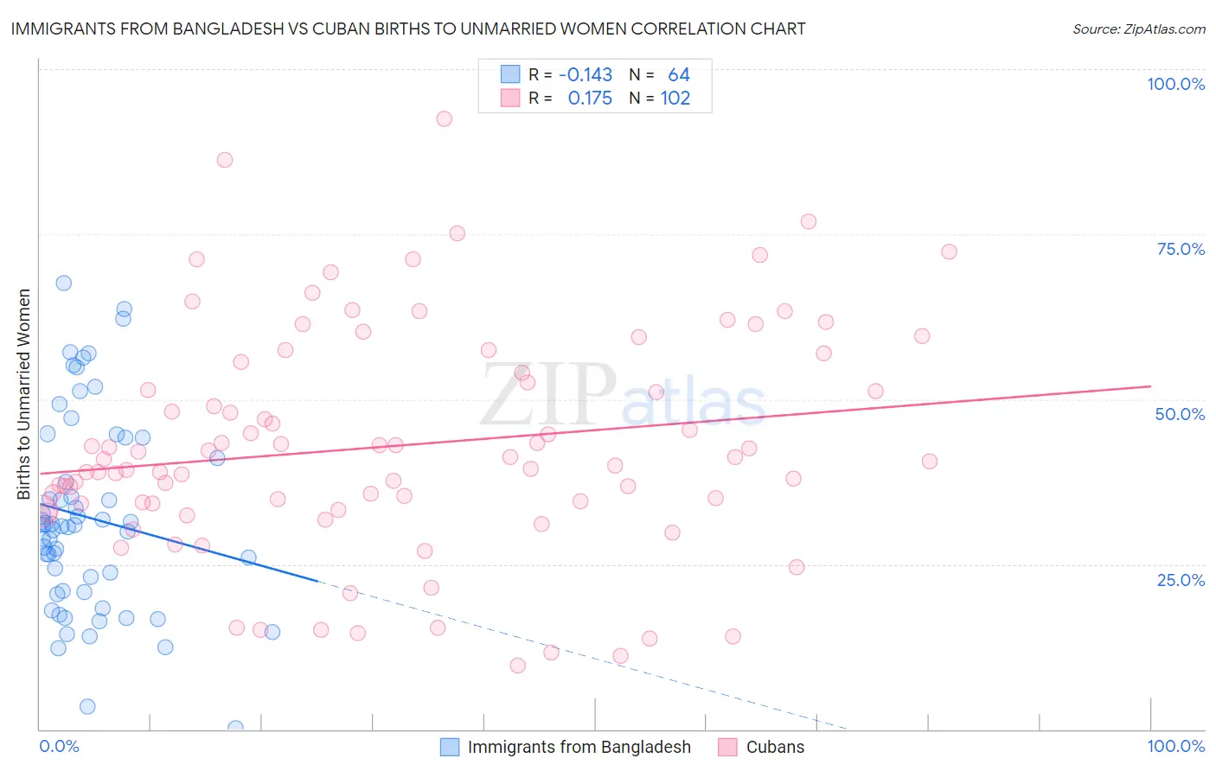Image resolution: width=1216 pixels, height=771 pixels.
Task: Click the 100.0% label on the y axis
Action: coord(1175,84)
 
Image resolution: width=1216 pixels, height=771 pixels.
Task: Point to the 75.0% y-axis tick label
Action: coord(1181,249)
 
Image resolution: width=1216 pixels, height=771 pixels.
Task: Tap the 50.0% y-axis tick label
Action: coord(1180,414)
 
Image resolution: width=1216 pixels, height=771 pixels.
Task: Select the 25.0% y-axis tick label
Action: coord(1181,579)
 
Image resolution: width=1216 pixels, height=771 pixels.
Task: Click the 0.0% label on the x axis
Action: coord(59,746)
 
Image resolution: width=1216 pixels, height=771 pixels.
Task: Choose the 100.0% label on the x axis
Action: coord(1175,746)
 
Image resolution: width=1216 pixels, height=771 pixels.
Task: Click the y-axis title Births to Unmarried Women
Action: coord(24,394)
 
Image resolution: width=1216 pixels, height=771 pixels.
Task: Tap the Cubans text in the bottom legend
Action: coord(775,747)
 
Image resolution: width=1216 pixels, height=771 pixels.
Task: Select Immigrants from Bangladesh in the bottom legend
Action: coord(579,747)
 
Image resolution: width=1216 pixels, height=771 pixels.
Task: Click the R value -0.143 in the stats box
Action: coord(586,75)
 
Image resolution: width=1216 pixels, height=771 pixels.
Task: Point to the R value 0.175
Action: coord(590,99)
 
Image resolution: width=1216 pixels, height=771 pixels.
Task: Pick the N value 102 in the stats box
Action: coord(675,99)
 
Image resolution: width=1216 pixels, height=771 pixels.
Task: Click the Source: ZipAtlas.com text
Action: coord(1138,29)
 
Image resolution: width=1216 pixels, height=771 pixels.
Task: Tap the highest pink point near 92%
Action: coord(444,118)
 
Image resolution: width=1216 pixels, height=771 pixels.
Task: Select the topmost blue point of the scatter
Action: coord(63,283)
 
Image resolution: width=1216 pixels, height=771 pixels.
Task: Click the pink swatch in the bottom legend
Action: coord(727,747)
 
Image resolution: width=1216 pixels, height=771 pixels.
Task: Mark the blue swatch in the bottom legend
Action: coord(450,747)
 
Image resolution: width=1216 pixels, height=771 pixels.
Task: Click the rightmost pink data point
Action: coord(949,252)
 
